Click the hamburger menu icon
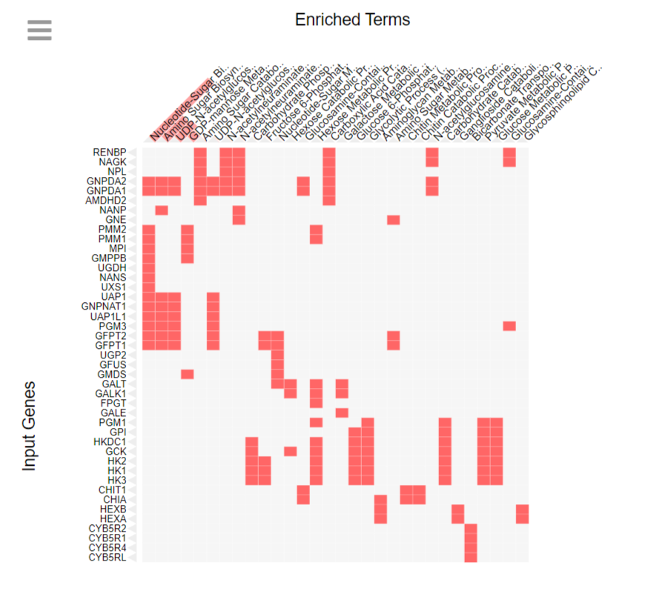39,30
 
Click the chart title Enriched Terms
352,19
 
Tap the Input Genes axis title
29,426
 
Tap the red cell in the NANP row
161,210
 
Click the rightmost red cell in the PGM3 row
509,326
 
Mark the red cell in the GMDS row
187,374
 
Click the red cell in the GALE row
342,412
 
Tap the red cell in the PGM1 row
317,422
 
